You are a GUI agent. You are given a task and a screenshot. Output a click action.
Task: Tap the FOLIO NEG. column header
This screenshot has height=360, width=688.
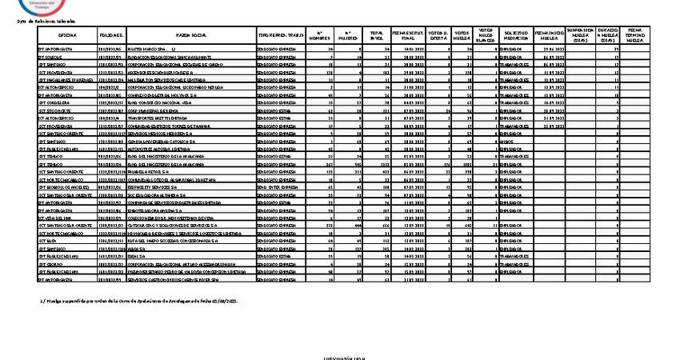click(x=111, y=36)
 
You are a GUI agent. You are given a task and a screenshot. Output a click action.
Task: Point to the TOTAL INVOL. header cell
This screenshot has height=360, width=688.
click(x=377, y=36)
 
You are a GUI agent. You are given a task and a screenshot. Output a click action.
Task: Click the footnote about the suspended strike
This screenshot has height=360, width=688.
click(x=128, y=301)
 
